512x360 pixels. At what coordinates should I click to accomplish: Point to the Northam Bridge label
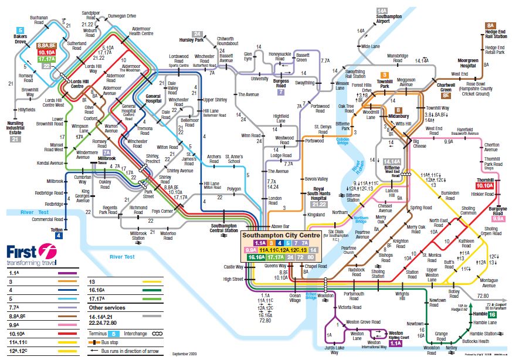[x=361, y=220]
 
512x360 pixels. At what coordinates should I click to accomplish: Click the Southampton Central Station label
[x=224, y=228]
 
